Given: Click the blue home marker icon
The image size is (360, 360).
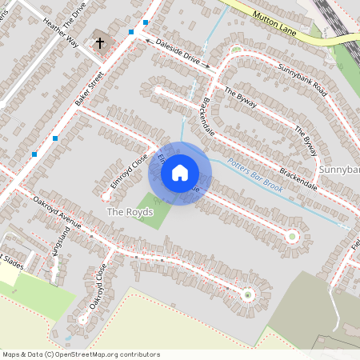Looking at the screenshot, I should point(180,172).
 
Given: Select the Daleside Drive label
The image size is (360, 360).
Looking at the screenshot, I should point(178,51).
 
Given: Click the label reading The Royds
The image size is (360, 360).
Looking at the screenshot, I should point(130,212).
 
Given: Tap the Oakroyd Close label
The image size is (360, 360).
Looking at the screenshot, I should point(98,290).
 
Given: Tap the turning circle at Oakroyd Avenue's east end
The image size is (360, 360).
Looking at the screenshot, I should point(247,294).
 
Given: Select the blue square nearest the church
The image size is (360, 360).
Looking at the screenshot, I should point(131,32).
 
